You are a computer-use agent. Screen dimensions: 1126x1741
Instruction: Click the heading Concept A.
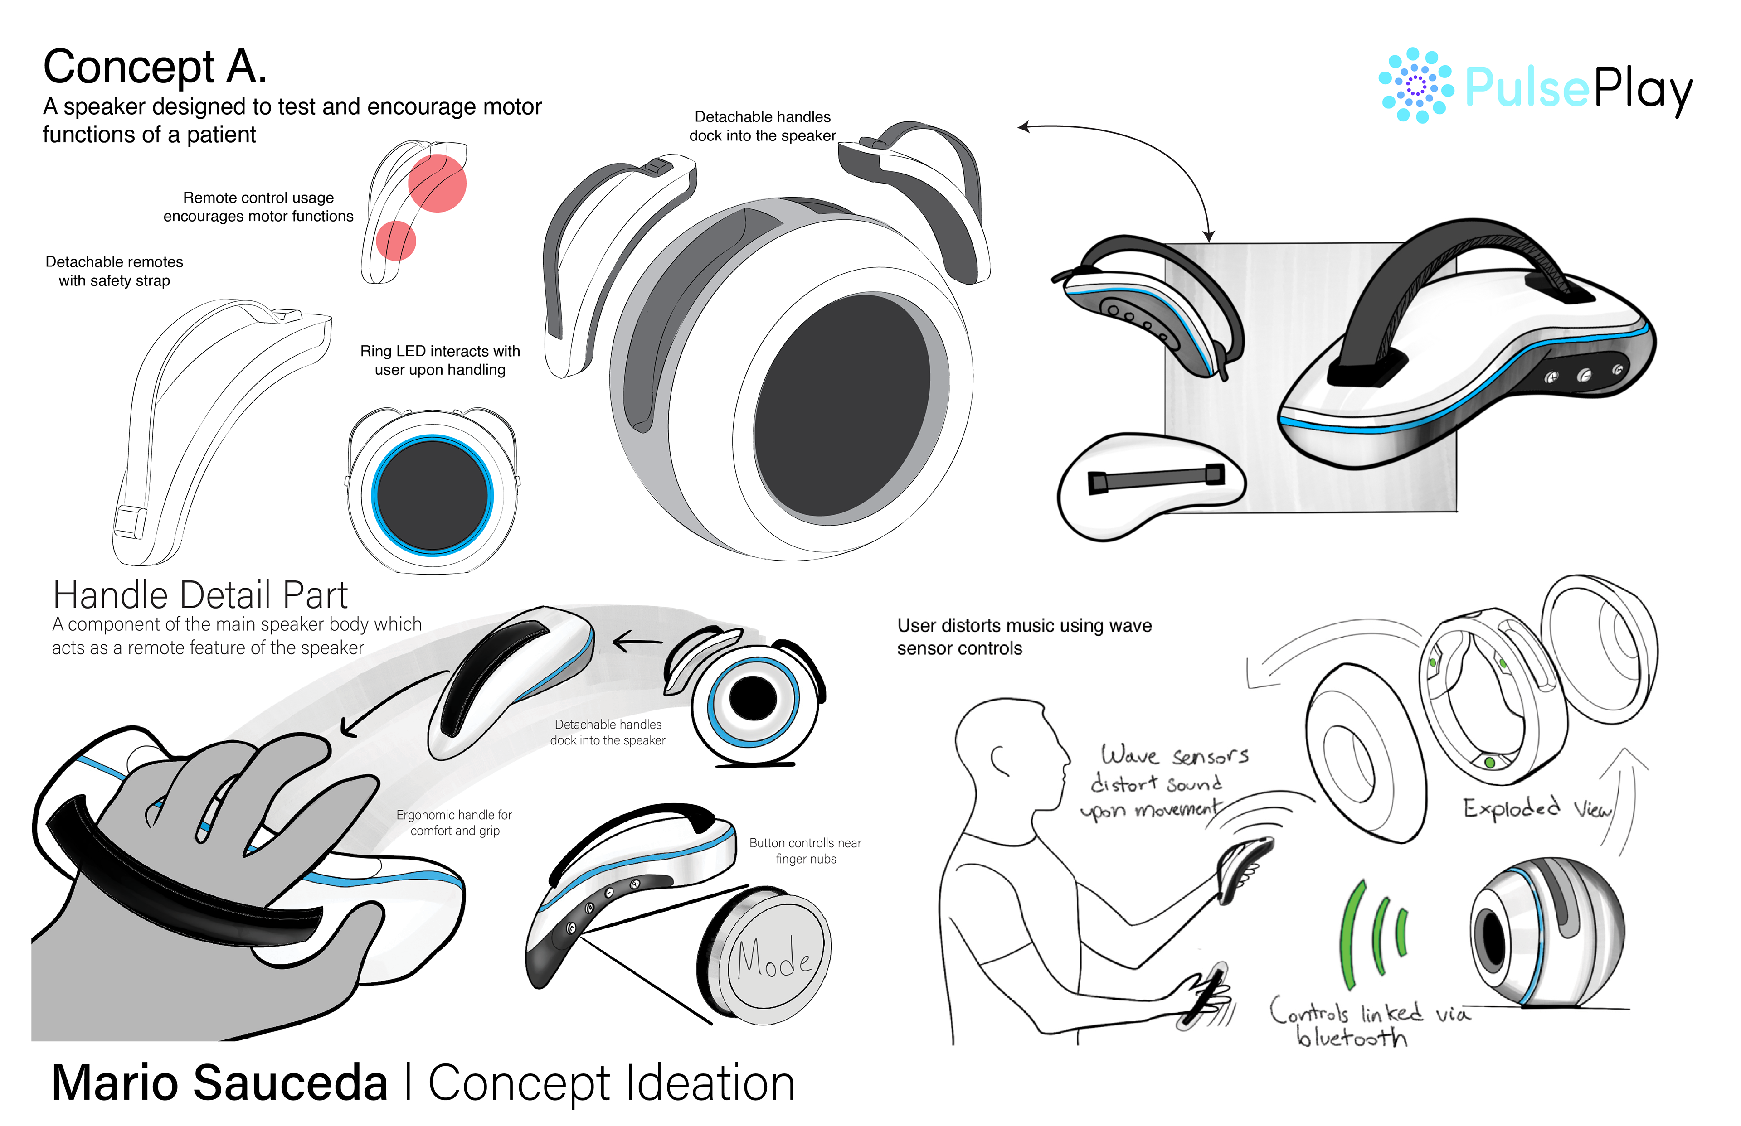coord(155,67)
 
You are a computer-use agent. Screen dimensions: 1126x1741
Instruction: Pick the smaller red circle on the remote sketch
coord(396,241)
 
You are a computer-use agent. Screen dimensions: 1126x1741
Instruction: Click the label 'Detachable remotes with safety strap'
coord(114,271)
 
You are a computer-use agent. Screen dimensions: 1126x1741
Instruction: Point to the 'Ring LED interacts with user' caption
coord(440,361)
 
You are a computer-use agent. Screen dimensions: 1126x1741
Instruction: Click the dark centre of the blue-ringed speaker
coord(433,495)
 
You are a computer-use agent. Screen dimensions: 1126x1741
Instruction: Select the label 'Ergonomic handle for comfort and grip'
coord(454,822)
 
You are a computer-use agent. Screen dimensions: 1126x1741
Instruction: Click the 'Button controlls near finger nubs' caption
coord(805,851)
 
